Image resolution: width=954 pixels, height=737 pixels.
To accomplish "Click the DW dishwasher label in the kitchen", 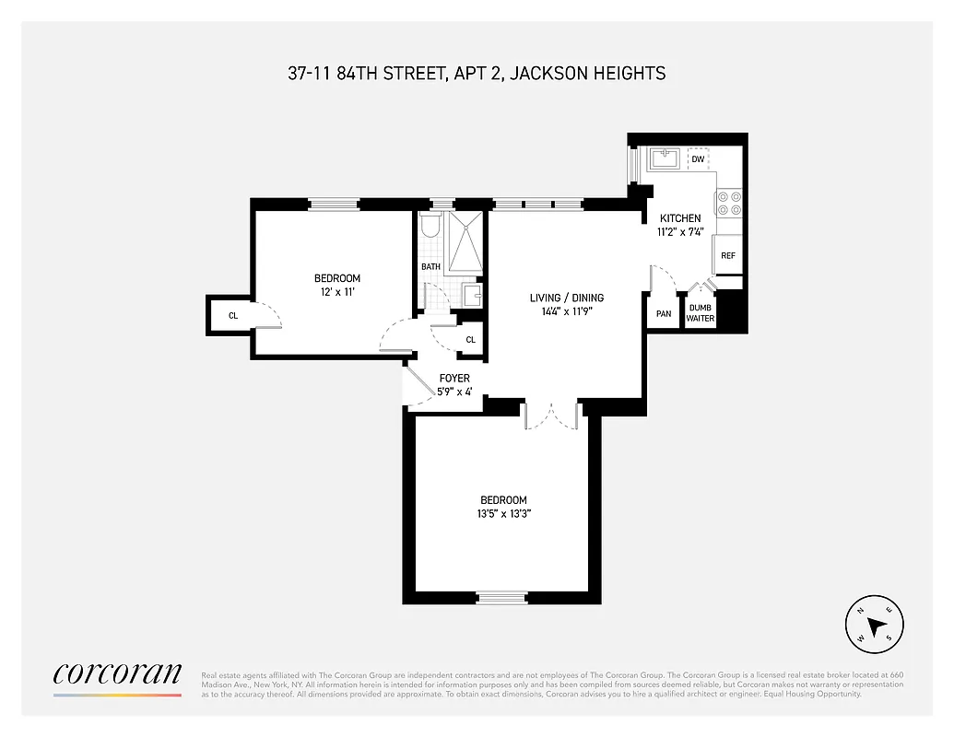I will pos(698,159).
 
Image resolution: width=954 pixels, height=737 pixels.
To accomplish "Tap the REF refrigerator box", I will pos(727,255).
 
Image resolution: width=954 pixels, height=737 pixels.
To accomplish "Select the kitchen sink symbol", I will pos(665,159).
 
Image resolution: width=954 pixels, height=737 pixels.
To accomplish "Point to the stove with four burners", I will pos(729,203).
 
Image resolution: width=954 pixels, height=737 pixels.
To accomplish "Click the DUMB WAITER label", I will pos(701,313).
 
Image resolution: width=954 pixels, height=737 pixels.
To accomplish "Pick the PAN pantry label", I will pos(664,314).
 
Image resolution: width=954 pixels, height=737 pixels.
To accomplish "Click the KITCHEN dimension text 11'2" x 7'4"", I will pos(680,232).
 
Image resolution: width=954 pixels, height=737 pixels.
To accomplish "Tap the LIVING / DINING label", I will pos(566,298).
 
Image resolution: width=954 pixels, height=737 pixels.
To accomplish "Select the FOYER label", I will pos(454,378).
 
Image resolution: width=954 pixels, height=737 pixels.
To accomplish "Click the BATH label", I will pos(430,267).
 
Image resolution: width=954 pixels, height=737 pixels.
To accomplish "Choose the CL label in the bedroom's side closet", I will pos(233,315).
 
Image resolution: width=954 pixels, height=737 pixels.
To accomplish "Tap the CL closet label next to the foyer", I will pos(470,340).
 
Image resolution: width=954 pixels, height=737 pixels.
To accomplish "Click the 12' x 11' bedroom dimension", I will pos(336,292).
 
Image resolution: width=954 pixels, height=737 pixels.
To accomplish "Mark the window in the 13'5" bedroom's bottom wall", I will pos(502,598).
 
